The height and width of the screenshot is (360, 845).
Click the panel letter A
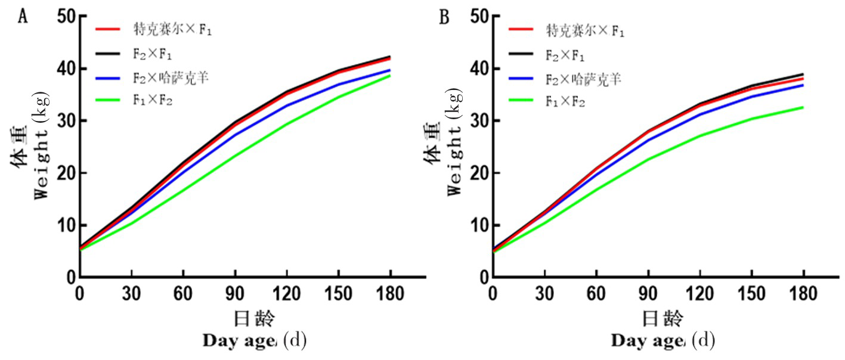coord(23,16)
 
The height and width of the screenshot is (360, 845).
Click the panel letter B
coord(444,17)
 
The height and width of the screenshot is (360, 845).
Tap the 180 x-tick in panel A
coord(390,293)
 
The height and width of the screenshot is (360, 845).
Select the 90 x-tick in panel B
coord(648,293)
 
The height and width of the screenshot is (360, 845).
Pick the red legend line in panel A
coord(109,28)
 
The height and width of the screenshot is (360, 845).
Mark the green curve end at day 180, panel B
coord(803,107)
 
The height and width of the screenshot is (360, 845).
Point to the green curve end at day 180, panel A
coord(390,75)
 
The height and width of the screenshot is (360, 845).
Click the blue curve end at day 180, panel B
coord(803,85)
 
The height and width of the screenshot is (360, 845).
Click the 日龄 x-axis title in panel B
coord(663,318)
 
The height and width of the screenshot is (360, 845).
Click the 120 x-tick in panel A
coord(287,293)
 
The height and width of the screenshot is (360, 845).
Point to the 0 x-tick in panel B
coord(493,293)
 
